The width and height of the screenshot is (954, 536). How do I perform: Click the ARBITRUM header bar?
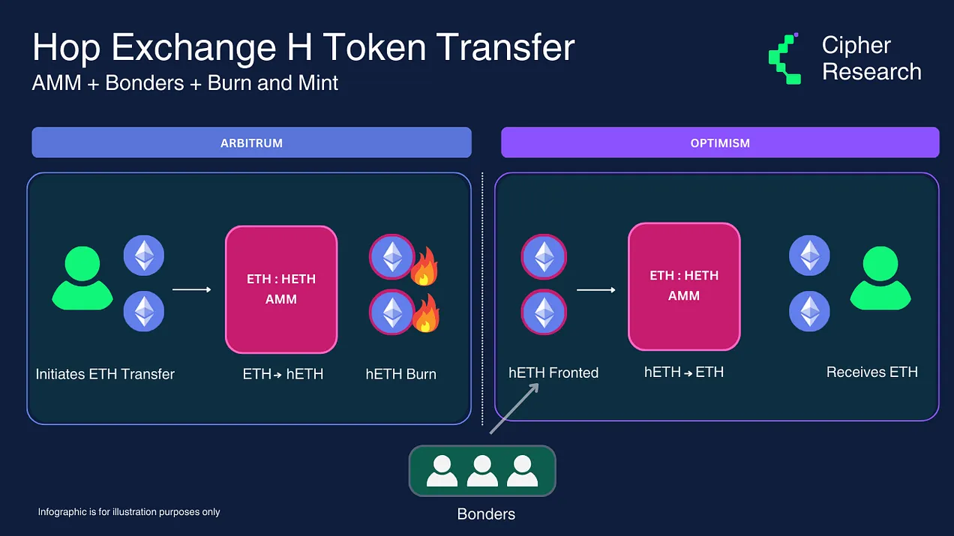(252, 142)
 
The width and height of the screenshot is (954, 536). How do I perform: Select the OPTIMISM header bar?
(720, 142)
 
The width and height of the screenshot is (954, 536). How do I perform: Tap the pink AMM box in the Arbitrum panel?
(281, 289)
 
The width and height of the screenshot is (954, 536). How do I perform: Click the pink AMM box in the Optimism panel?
(684, 286)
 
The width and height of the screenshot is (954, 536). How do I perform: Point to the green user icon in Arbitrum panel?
(82, 278)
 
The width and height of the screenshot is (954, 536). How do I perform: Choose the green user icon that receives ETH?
(880, 278)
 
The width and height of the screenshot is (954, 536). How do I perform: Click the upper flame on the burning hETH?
(424, 267)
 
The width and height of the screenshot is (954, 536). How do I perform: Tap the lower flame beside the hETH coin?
(426, 314)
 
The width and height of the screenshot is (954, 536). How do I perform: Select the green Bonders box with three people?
(482, 471)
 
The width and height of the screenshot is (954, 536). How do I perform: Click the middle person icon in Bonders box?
(482, 471)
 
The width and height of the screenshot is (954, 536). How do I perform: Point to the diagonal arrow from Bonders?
(514, 409)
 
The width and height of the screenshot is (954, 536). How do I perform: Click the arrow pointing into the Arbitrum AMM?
(192, 289)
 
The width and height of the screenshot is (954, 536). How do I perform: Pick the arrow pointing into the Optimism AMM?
(595, 290)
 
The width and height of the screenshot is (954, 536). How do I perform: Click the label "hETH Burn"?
(400, 374)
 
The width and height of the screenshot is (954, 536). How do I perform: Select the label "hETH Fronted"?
(553, 373)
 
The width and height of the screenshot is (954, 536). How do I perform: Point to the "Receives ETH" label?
(871, 372)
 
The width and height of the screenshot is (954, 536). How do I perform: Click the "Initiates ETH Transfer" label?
(105, 374)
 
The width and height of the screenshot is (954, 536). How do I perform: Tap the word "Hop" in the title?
(67, 49)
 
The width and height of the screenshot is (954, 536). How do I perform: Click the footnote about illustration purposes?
(129, 512)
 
